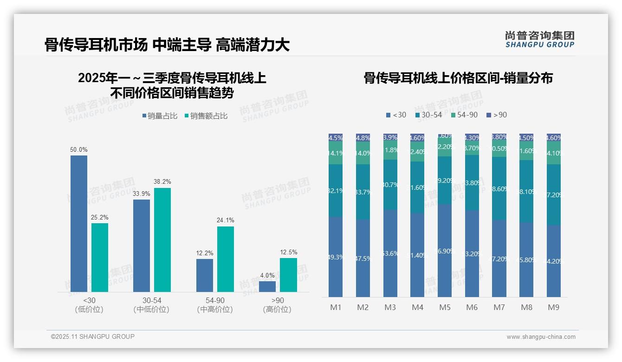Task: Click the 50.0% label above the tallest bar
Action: [x=79, y=150]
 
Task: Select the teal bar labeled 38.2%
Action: [x=162, y=239]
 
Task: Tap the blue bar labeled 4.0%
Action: [x=267, y=286]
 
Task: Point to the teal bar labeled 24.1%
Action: [x=226, y=259]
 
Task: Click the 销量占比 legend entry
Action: [x=160, y=116]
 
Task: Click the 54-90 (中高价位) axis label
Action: [x=214, y=305]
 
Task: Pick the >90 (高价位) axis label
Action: [x=277, y=305]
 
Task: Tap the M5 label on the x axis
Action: [x=445, y=307]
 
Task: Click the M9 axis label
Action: [x=554, y=307]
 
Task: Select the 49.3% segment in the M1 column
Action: [x=336, y=257]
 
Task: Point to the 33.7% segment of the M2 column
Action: [x=363, y=192]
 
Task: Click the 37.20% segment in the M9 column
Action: [x=554, y=195]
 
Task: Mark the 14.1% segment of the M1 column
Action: [x=336, y=153]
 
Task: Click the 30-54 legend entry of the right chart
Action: [x=428, y=115]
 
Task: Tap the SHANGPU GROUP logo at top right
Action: [x=540, y=39]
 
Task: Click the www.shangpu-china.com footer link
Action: [x=541, y=337]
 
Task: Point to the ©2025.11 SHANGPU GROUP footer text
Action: [x=93, y=336]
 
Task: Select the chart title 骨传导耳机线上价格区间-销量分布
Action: [x=458, y=78]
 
